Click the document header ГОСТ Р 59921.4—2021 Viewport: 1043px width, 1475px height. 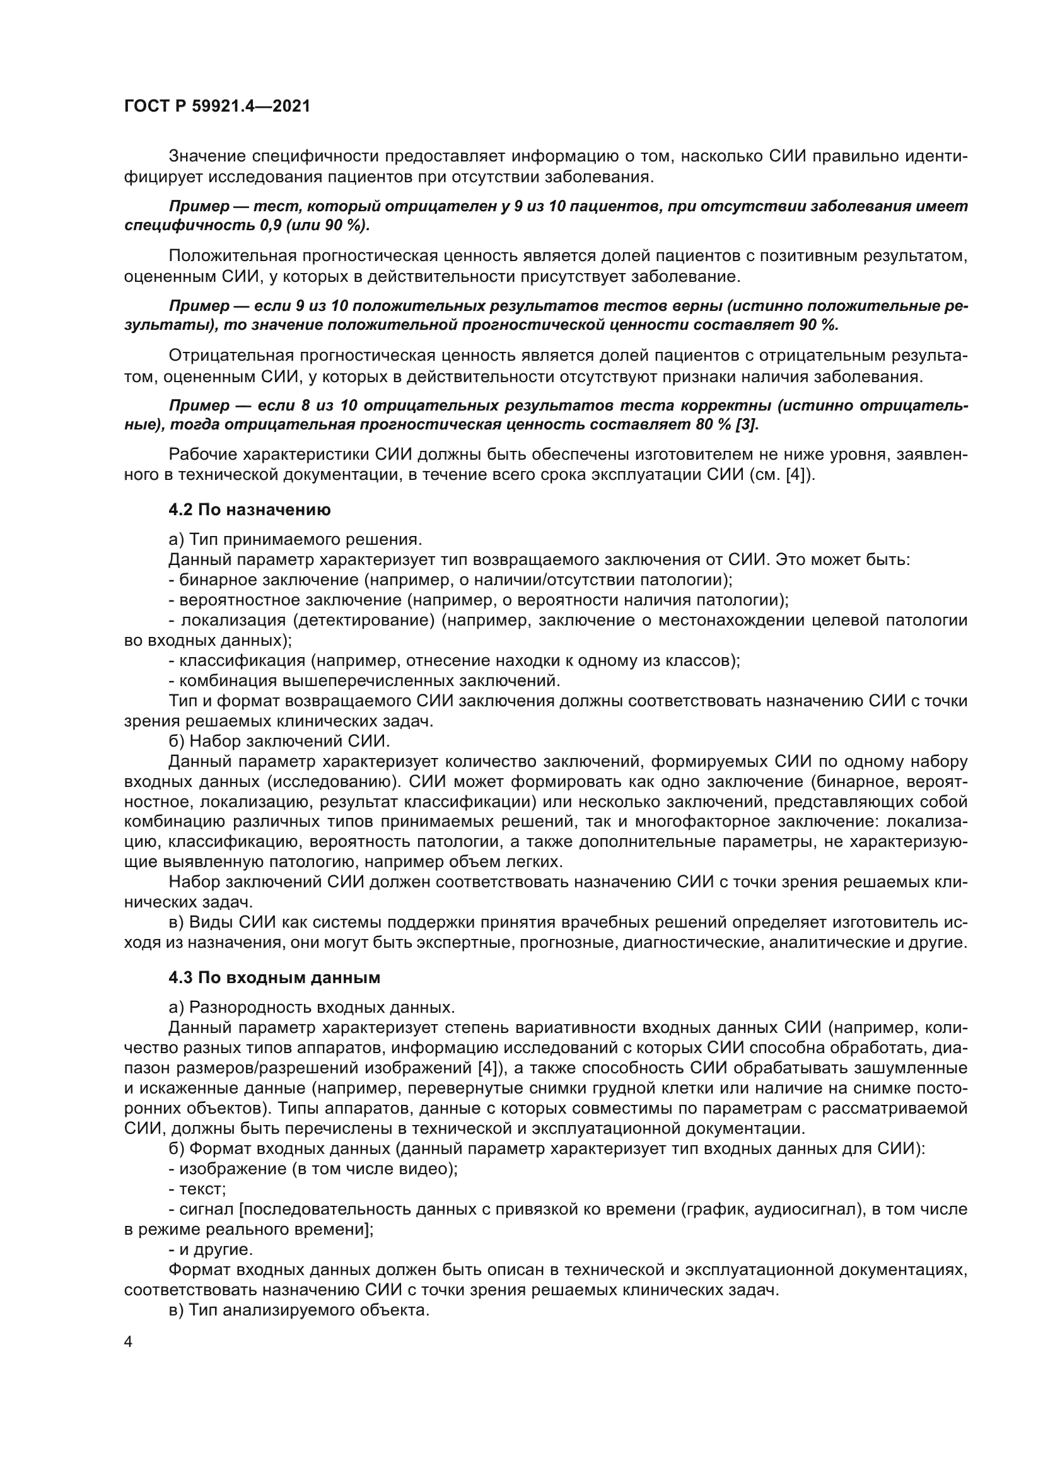pyautogui.click(x=217, y=107)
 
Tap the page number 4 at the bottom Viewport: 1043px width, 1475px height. pyautogui.click(x=129, y=1343)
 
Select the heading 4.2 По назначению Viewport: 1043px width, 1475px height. pyautogui.click(x=250, y=510)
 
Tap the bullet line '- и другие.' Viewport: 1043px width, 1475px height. pyautogui.click(x=211, y=1250)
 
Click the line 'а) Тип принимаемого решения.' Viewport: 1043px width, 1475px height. pyautogui.click(x=295, y=540)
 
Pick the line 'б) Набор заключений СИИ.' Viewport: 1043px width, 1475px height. pyautogui.click(x=279, y=742)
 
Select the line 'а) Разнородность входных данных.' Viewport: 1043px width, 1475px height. pyautogui.click(x=312, y=1007)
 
